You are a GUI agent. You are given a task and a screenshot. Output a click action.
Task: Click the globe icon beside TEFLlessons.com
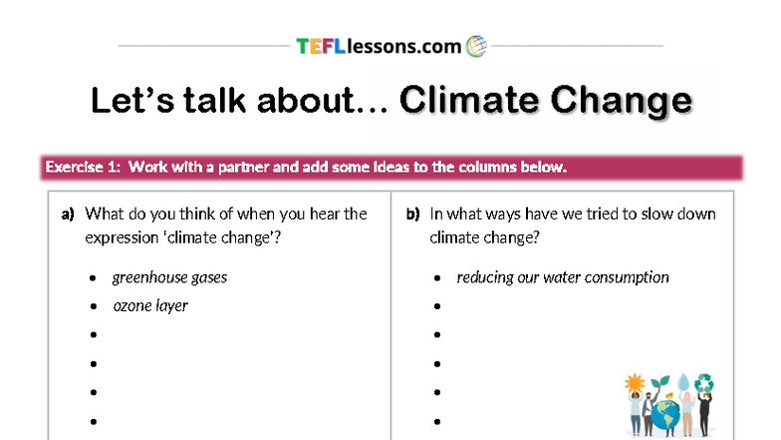(476, 46)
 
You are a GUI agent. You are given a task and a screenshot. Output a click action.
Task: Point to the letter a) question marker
(68, 214)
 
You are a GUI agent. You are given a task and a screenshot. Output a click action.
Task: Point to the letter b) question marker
(412, 214)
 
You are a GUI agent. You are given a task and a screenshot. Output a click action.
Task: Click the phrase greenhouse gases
(169, 277)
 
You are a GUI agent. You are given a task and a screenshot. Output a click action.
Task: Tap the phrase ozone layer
(150, 305)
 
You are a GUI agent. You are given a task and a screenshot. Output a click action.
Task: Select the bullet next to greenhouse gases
(93, 278)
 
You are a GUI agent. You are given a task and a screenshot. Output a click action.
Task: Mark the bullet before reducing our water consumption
(438, 278)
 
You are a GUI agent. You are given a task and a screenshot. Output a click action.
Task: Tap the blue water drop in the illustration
(683, 383)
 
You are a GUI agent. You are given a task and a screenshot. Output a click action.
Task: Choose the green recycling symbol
(705, 382)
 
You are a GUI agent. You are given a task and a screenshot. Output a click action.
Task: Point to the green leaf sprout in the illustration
(659, 382)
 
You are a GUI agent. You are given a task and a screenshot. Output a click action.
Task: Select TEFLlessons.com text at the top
(379, 46)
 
